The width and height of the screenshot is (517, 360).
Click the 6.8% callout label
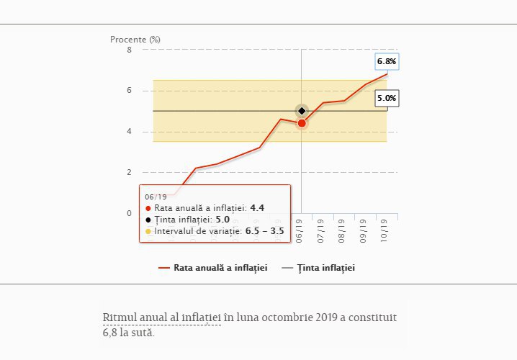pyautogui.click(x=387, y=62)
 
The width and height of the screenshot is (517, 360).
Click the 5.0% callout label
pyautogui.click(x=387, y=99)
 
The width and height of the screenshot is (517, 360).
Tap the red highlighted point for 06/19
pyautogui.click(x=302, y=123)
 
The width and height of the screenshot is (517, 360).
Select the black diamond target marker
pyautogui.click(x=302, y=111)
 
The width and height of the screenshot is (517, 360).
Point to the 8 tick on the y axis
pyautogui.click(x=129, y=50)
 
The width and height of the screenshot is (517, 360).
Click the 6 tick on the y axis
pyautogui.click(x=129, y=91)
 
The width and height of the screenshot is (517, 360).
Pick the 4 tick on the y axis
pyautogui.click(x=129, y=132)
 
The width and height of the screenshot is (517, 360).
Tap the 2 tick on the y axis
pyautogui.click(x=129, y=172)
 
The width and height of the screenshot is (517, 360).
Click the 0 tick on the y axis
pyautogui.click(x=129, y=213)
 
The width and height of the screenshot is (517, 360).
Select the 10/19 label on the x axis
pyautogui.click(x=387, y=232)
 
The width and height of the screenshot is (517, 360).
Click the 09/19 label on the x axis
pyautogui.click(x=365, y=232)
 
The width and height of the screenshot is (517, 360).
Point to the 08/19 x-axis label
pyautogui.click(x=343, y=232)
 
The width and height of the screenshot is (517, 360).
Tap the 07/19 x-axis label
pyautogui.click(x=322, y=232)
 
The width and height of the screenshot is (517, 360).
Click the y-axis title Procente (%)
pyautogui.click(x=135, y=39)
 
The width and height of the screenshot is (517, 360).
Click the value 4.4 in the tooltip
pyautogui.click(x=257, y=208)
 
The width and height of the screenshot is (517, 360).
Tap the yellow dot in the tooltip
pyautogui.click(x=148, y=231)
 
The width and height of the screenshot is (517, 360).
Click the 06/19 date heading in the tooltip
pyautogui.click(x=156, y=197)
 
